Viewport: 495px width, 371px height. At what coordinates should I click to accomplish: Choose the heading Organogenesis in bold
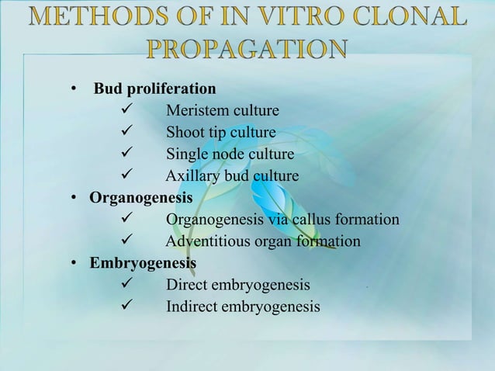[140, 197]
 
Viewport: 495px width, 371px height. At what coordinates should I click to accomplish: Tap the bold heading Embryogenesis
[143, 263]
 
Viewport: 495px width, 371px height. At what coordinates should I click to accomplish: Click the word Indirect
[192, 307]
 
